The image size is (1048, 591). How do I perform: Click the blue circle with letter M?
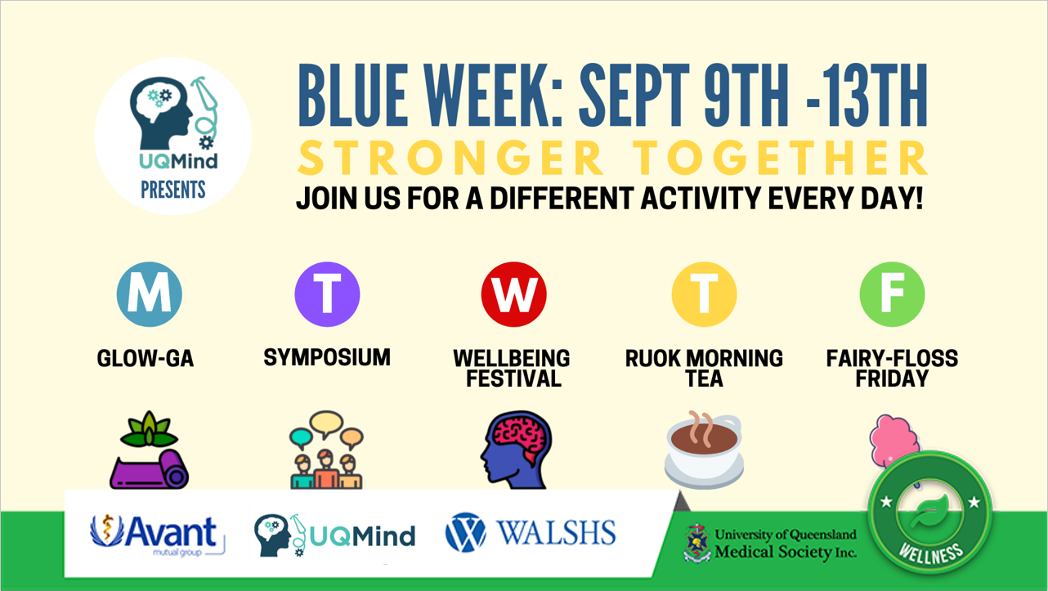click(x=150, y=294)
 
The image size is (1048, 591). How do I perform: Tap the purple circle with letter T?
click(x=327, y=294)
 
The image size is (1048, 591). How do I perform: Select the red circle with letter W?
click(x=513, y=294)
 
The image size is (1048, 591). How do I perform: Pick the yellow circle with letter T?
click(x=704, y=294)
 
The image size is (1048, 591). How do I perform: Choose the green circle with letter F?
click(x=892, y=294)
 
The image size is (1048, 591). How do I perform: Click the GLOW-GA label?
click(x=145, y=359)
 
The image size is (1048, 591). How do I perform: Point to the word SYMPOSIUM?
click(x=327, y=357)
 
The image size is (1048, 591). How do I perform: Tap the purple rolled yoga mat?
click(x=149, y=469)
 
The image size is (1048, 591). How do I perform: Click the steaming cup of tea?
click(x=704, y=450)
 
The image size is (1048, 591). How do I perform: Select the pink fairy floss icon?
click(x=894, y=440)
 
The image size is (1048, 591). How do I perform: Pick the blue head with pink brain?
click(x=516, y=450)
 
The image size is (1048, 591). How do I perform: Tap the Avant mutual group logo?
click(x=157, y=535)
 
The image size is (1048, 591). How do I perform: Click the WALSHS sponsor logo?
click(x=531, y=532)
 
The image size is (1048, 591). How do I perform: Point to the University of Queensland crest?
click(x=697, y=544)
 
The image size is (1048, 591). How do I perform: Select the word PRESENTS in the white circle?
click(x=173, y=190)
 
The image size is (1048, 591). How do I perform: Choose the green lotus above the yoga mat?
click(x=149, y=430)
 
